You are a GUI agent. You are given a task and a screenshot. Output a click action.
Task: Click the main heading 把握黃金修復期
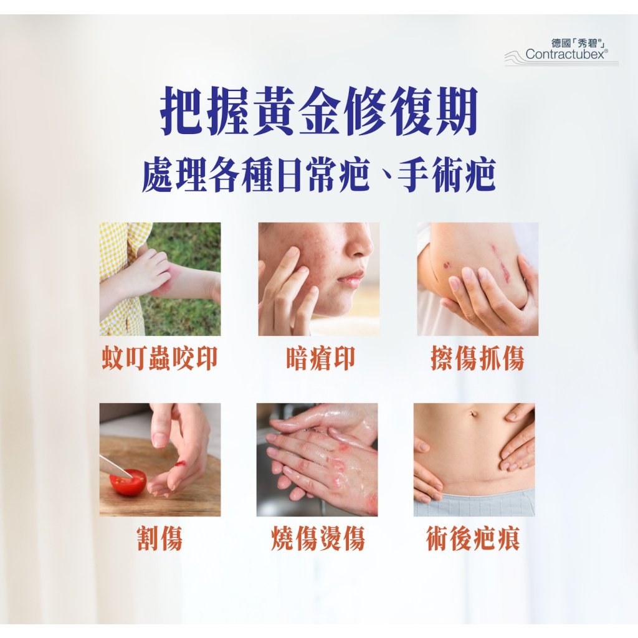[318, 111]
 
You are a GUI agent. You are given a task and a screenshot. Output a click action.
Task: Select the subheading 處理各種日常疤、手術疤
[318, 175]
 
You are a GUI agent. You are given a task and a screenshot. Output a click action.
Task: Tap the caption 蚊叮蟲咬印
[159, 359]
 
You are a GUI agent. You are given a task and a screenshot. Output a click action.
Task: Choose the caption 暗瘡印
[320, 359]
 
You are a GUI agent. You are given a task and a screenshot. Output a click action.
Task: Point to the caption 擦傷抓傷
[477, 359]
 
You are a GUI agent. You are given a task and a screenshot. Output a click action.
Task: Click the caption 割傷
[159, 538]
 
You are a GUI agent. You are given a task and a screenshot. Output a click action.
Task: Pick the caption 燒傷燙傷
[317, 538]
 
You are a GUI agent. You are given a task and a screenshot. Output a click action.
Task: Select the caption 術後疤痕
[474, 538]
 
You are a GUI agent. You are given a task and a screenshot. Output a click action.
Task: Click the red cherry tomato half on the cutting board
[128, 482]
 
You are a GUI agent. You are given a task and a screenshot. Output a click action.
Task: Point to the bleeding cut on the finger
[181, 464]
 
